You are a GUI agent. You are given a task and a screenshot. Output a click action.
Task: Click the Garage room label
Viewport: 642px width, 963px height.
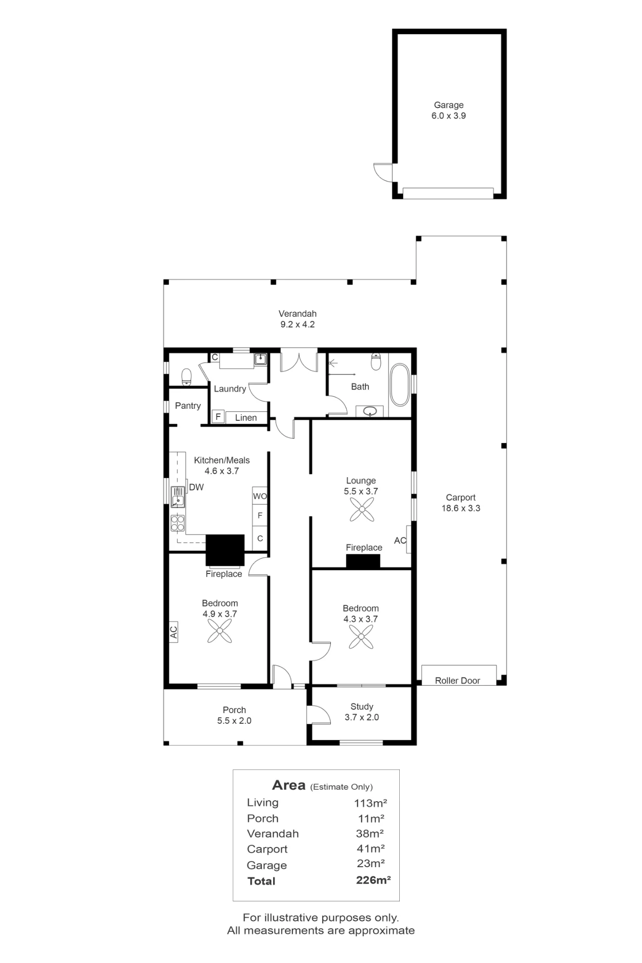click(x=448, y=105)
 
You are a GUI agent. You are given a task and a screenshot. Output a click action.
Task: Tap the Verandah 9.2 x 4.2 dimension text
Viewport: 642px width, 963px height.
click(x=298, y=325)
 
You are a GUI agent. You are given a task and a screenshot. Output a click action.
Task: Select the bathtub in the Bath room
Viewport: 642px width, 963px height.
click(x=399, y=385)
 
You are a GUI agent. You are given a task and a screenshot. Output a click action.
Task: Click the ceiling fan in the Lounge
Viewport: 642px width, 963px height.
click(x=362, y=509)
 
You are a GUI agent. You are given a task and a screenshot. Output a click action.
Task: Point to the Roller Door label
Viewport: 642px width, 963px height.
click(x=458, y=680)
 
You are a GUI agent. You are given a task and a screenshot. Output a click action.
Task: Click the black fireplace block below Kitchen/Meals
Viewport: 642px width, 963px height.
click(x=225, y=550)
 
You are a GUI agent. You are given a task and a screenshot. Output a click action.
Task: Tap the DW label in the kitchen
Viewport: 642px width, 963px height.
click(x=197, y=487)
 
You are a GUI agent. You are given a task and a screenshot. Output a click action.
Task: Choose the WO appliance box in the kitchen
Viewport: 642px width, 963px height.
click(x=260, y=496)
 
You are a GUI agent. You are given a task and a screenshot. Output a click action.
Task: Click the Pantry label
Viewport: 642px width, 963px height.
click(x=188, y=406)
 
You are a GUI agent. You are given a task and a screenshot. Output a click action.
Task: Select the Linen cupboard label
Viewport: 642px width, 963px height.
click(x=246, y=418)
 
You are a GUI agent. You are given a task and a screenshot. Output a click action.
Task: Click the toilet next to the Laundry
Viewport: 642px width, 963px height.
click(x=186, y=377)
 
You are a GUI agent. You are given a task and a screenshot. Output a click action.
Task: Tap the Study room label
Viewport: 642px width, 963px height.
click(x=362, y=706)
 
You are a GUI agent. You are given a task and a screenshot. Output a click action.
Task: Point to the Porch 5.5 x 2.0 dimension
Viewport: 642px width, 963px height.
click(x=234, y=721)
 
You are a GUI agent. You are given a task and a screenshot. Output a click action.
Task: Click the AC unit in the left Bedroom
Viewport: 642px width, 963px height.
click(x=173, y=632)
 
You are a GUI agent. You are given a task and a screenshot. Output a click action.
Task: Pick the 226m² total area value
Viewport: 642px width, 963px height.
click(x=373, y=881)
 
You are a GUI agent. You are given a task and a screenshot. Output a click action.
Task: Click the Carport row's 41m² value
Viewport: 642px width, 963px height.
click(x=370, y=848)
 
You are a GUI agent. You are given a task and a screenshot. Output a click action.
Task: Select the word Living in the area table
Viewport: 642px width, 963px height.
click(x=262, y=803)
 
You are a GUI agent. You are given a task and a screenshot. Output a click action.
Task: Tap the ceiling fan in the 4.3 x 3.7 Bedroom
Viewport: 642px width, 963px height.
click(x=361, y=637)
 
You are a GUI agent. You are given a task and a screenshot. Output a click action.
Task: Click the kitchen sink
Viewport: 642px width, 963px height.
click(x=178, y=497)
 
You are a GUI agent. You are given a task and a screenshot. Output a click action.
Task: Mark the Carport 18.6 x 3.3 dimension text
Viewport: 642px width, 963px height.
click(x=461, y=508)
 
